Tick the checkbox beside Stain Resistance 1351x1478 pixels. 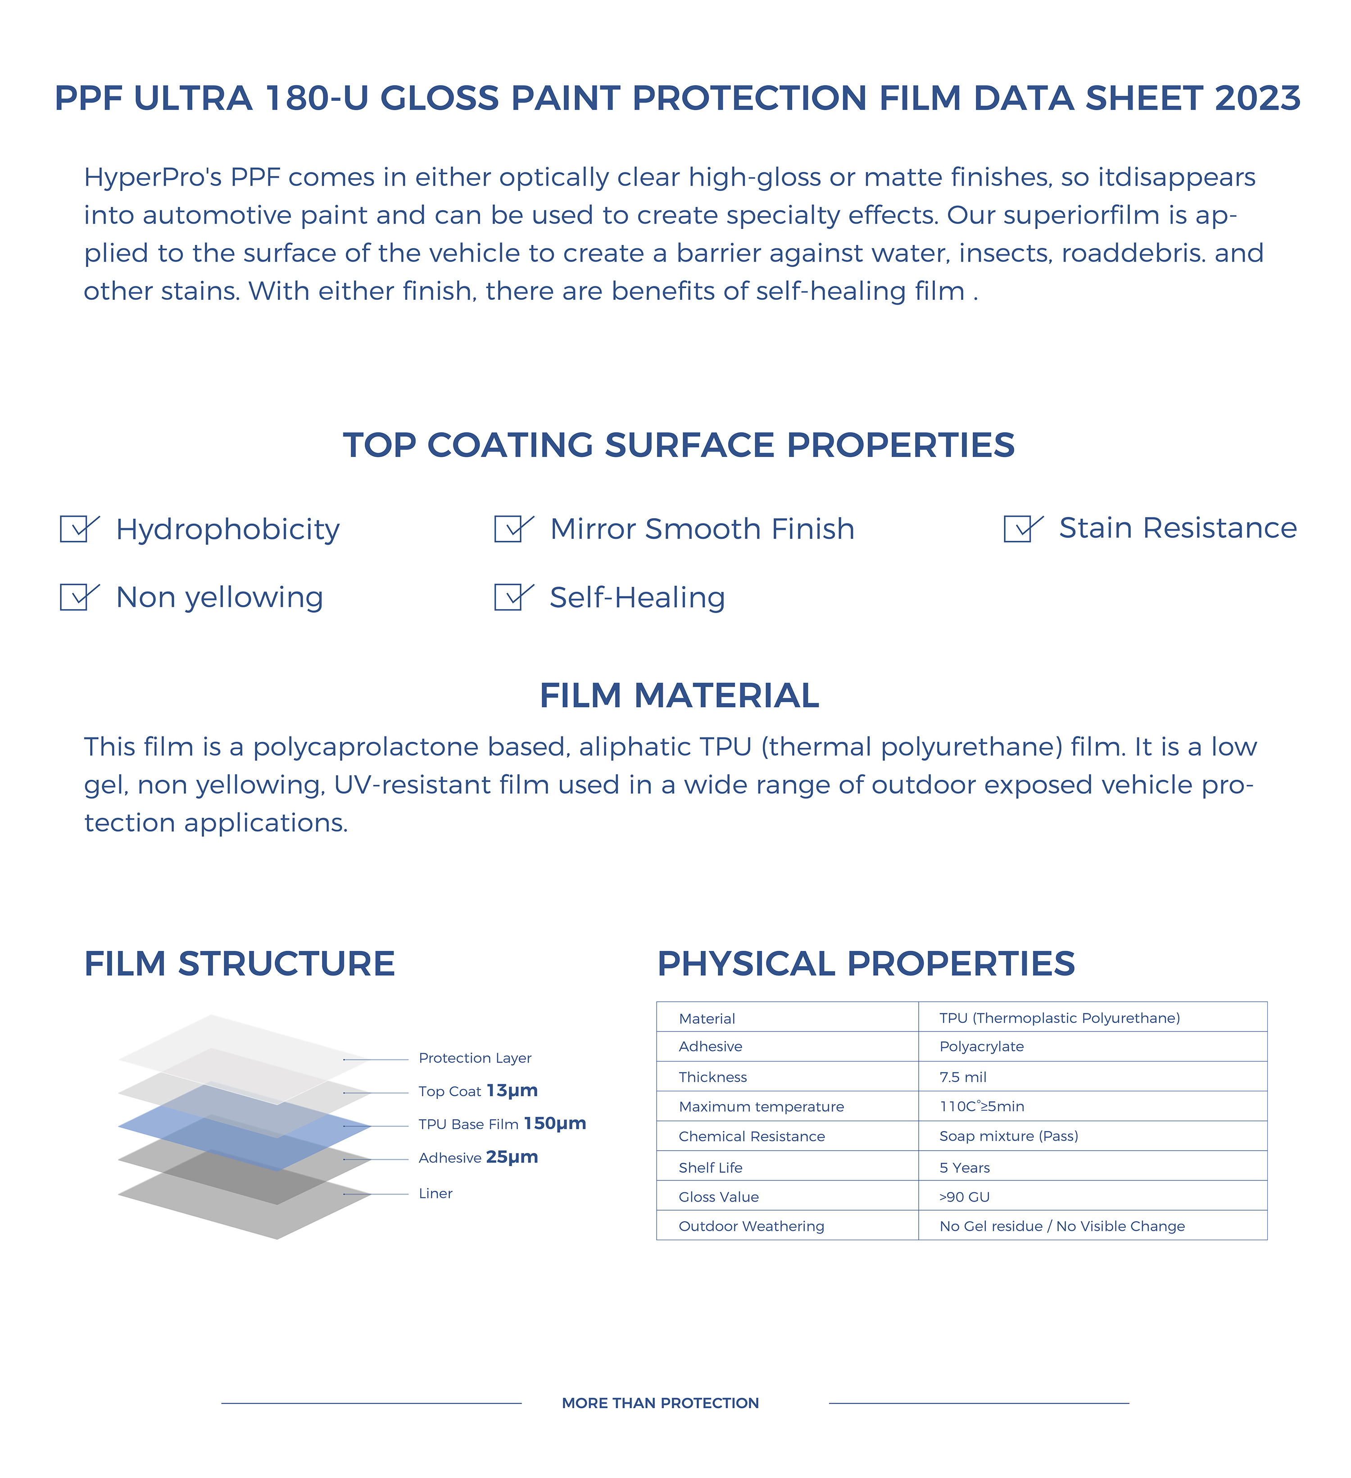1019,529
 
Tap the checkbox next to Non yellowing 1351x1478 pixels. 75,597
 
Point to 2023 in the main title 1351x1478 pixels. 1257,98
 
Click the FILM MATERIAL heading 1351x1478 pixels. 679,695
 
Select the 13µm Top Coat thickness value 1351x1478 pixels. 512,1090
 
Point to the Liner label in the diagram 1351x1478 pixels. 435,1193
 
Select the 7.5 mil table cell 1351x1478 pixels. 963,1077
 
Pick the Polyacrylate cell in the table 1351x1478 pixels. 981,1046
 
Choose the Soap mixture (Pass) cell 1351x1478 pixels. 1008,1136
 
